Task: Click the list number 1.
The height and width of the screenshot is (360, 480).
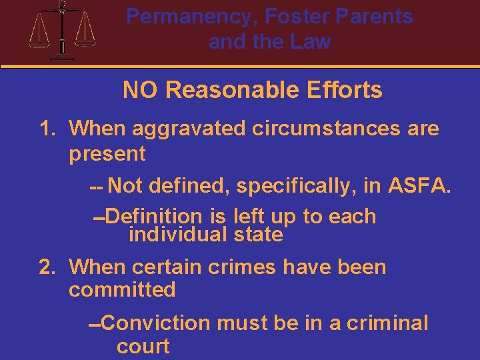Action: (x=47, y=128)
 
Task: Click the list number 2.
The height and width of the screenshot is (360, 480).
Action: (x=47, y=267)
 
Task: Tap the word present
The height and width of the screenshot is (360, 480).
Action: (x=107, y=153)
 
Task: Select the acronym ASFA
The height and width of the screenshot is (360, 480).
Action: (x=419, y=186)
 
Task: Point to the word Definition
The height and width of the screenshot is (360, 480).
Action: (x=153, y=216)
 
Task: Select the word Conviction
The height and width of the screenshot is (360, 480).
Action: (x=157, y=323)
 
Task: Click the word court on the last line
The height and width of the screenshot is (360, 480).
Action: (x=143, y=347)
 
